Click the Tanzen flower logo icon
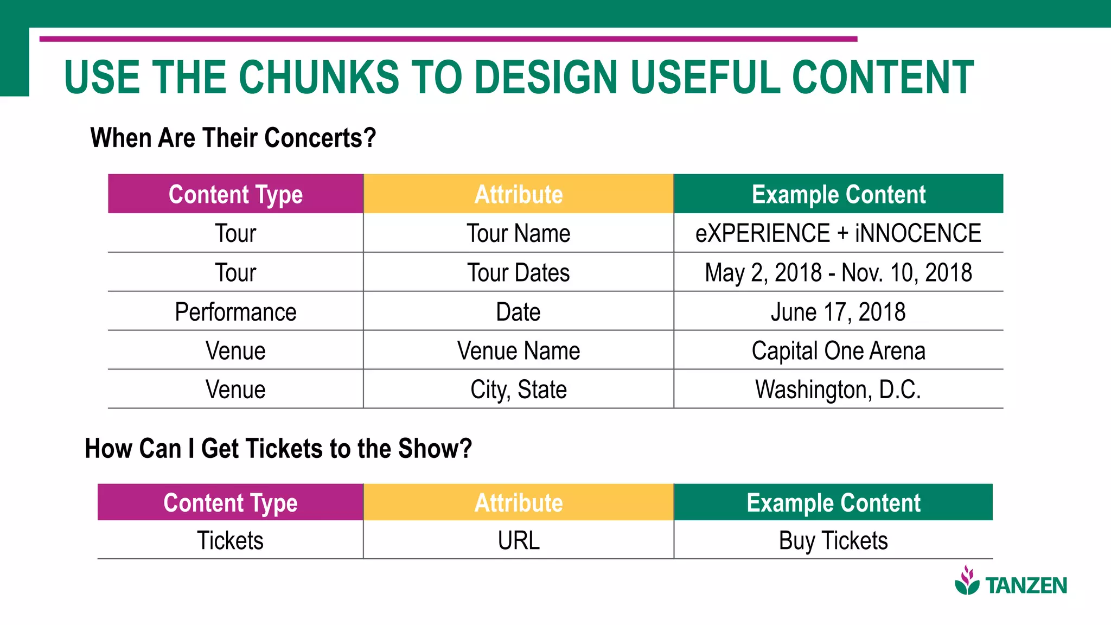point(967,581)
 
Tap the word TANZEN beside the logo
point(1026,586)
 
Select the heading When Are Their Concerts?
point(233,138)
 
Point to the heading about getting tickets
point(278,449)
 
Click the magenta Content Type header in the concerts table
point(235,194)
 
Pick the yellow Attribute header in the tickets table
point(519,502)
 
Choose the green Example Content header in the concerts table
point(838,194)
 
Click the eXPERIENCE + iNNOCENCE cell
point(838,233)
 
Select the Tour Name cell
point(519,233)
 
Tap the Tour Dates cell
point(519,272)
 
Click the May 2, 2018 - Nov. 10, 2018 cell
point(838,272)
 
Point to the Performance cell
point(235,312)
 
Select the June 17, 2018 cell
point(838,312)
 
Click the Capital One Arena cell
point(838,350)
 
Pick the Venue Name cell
point(519,350)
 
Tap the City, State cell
point(519,390)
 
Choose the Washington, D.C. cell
point(838,390)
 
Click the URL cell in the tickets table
point(519,540)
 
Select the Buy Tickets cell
point(833,540)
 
